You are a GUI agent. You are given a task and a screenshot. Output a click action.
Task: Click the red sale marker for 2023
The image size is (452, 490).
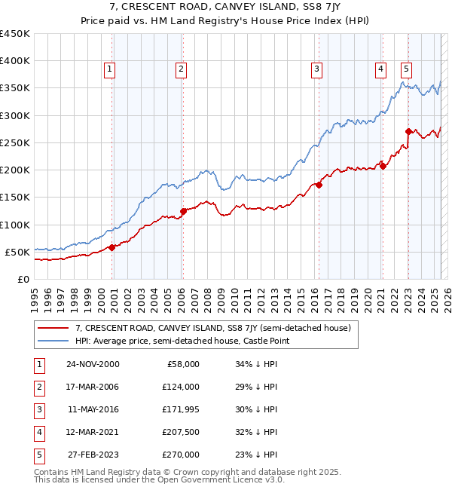(x=408, y=131)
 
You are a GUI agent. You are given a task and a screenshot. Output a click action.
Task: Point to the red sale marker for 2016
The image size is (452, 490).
(x=319, y=185)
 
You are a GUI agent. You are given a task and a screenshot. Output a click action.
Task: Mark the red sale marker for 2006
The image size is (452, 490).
(x=183, y=211)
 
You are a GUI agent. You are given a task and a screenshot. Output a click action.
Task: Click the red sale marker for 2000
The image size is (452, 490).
(x=112, y=247)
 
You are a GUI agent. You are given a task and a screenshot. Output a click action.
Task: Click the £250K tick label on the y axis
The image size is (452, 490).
(x=15, y=142)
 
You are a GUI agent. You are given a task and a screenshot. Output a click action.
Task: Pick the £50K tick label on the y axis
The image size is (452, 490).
(x=17, y=252)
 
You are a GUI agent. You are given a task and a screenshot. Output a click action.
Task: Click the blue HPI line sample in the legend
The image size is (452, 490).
(x=53, y=341)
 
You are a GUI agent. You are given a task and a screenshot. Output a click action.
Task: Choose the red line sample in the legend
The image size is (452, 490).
(x=53, y=328)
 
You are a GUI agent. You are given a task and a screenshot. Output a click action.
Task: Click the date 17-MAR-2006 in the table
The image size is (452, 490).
(x=92, y=386)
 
